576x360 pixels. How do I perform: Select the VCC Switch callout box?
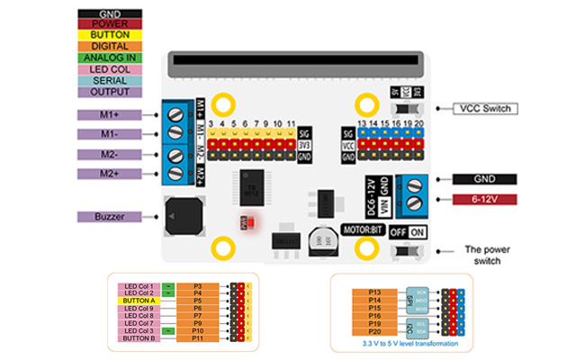[x=486, y=109]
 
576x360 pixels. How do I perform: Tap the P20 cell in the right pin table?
[x=377, y=332]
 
